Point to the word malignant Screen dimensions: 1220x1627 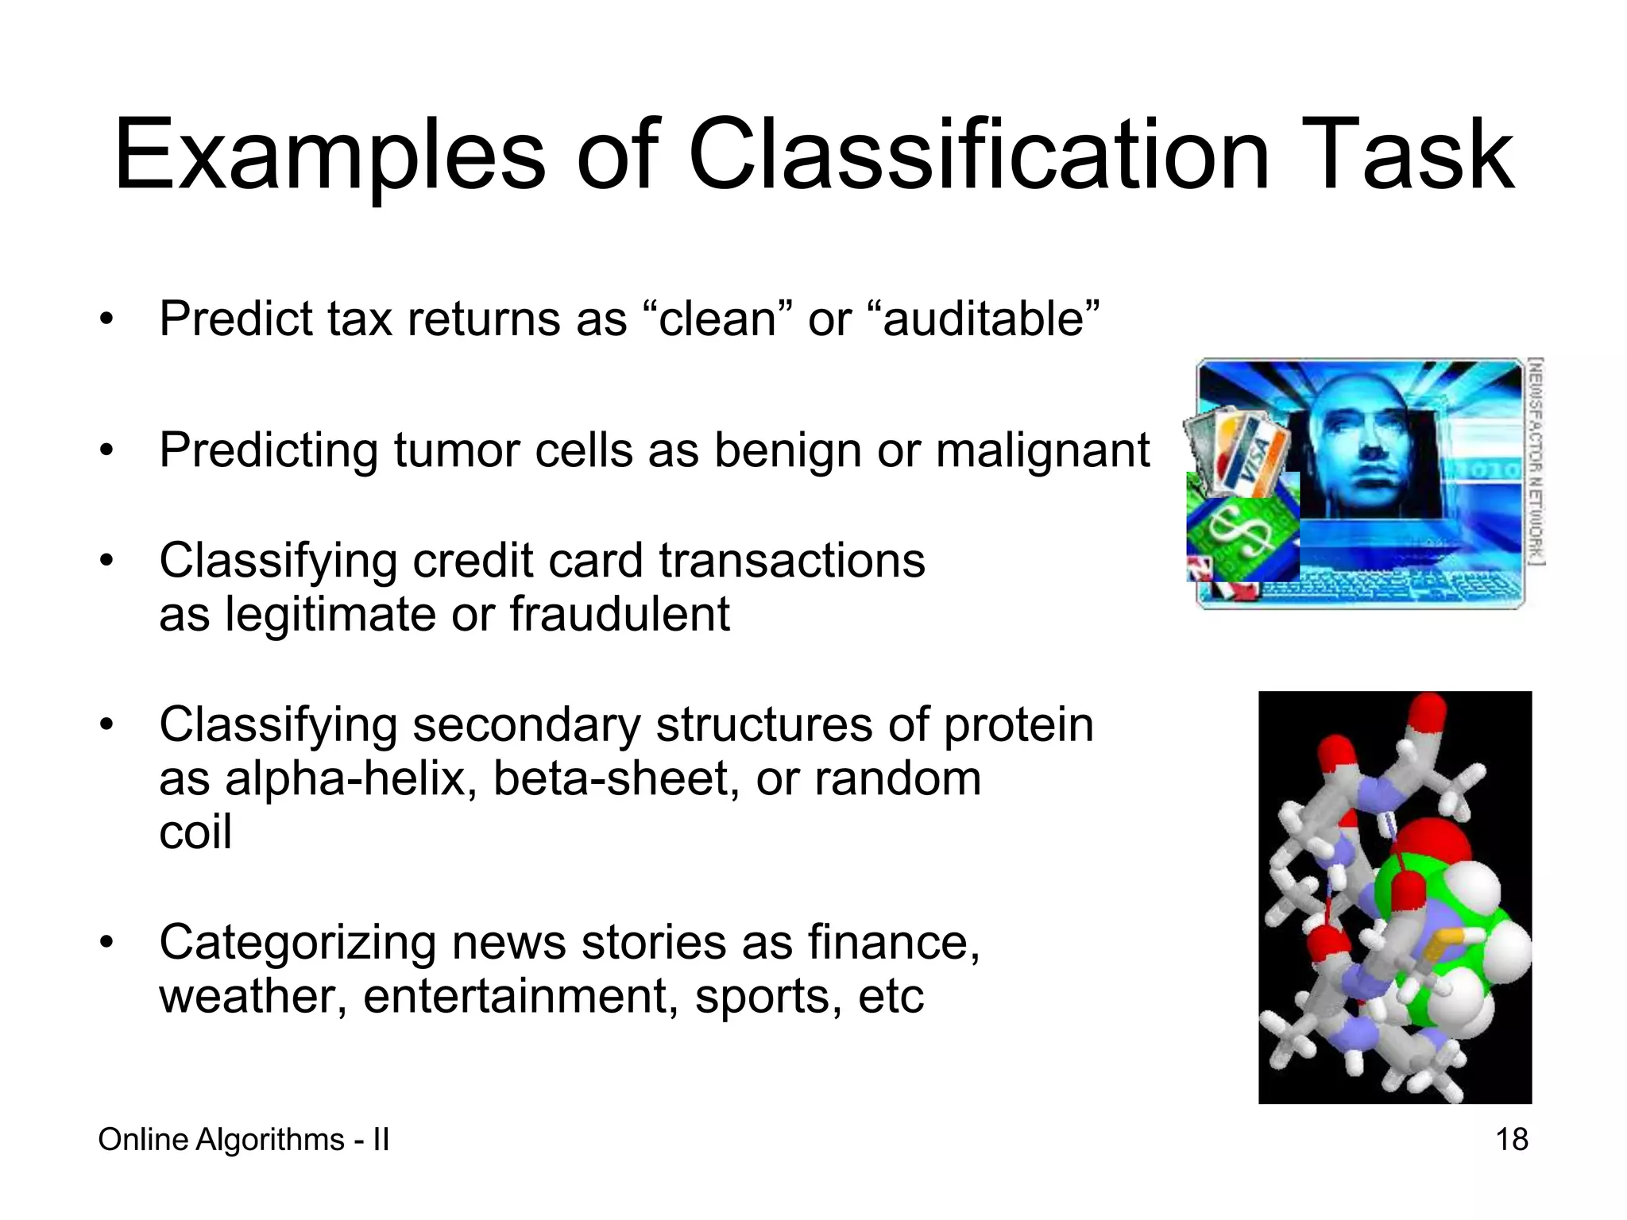1042,451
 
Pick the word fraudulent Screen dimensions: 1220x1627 620,615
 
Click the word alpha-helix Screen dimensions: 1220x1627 350,778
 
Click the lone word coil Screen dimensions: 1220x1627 195,832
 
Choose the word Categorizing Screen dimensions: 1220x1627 297,943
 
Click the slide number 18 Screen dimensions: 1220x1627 1511,1140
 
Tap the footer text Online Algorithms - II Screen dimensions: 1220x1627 243,1140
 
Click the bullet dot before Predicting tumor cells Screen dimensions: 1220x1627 107,451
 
